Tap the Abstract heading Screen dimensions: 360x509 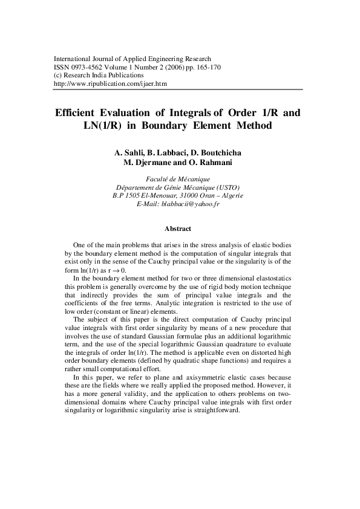coord(178,229)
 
